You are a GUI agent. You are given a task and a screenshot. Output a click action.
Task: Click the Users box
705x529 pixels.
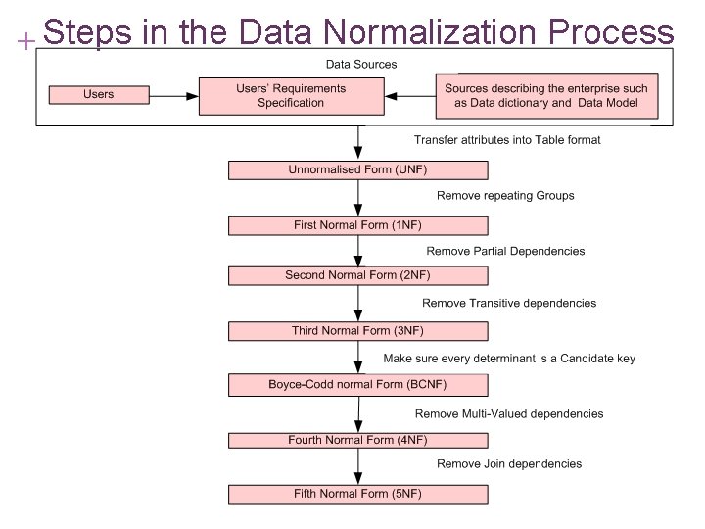click(x=98, y=95)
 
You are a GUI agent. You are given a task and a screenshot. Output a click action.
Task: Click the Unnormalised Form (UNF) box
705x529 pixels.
click(x=357, y=169)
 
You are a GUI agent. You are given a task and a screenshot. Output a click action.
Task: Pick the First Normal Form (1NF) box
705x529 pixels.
click(x=357, y=225)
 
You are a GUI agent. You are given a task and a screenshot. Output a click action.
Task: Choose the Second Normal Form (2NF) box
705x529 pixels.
click(x=357, y=275)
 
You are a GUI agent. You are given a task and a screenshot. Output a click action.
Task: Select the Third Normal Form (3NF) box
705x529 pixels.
click(x=357, y=330)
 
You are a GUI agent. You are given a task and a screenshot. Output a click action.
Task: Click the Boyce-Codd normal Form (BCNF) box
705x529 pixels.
click(x=357, y=384)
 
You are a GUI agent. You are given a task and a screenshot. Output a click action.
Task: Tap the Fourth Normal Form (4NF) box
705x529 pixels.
click(x=357, y=440)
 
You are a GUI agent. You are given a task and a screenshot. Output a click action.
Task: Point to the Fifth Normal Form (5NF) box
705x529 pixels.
click(x=357, y=494)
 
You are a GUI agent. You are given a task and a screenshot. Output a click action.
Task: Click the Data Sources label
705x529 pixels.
click(x=361, y=65)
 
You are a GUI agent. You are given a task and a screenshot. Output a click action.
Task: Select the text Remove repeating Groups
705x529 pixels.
click(x=505, y=196)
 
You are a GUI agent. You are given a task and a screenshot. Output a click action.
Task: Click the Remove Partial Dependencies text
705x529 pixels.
click(x=505, y=251)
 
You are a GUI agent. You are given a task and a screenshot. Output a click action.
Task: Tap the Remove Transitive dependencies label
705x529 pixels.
click(x=509, y=303)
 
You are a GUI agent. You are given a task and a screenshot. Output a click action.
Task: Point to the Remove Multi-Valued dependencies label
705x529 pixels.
click(x=509, y=413)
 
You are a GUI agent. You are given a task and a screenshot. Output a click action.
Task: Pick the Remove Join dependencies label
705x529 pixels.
click(x=509, y=463)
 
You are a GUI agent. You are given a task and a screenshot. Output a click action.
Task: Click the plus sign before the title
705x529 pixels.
click(x=26, y=42)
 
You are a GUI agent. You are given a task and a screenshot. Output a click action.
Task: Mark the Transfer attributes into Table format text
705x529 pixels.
click(x=507, y=140)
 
